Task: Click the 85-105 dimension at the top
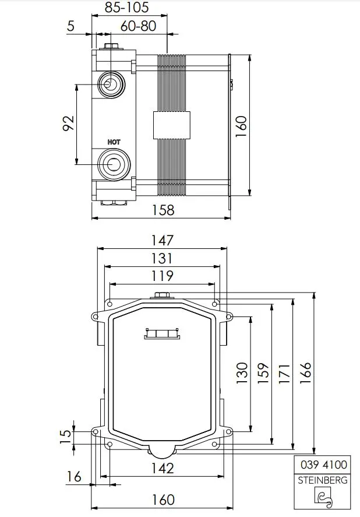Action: [126, 8]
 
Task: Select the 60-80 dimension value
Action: [138, 26]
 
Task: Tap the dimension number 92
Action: [68, 124]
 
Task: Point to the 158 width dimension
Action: [162, 210]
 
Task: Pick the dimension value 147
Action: [162, 240]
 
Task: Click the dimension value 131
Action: [162, 258]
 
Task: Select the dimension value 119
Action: [162, 276]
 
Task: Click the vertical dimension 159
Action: [263, 374]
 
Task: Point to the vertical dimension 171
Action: [284, 374]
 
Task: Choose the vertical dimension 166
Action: [305, 374]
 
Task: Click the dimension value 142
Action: [162, 468]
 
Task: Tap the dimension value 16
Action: [73, 477]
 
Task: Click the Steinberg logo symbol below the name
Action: [323, 497]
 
